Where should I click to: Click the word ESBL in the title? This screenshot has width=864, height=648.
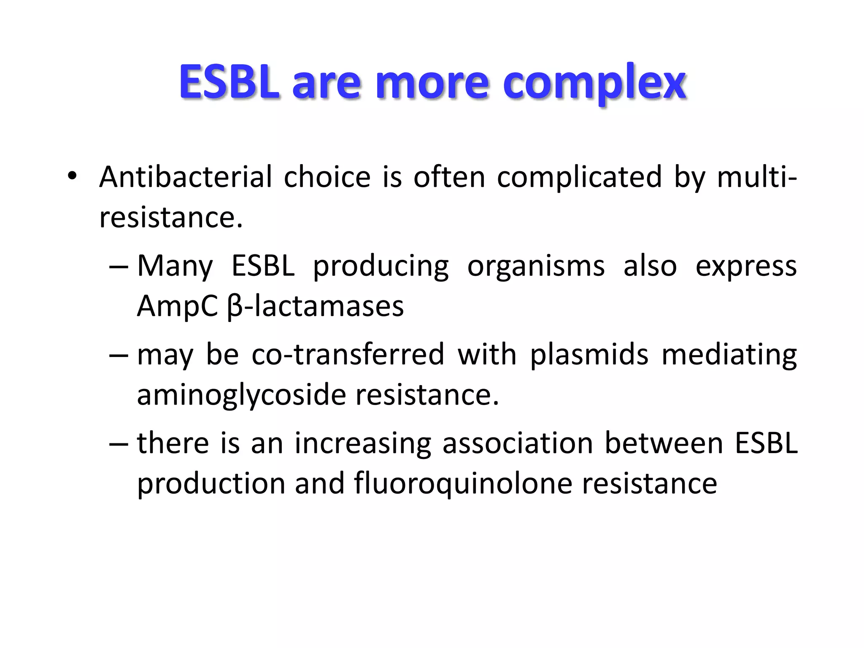pos(229,82)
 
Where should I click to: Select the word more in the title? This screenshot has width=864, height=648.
pos(432,83)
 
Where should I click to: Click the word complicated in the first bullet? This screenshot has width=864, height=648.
pos(579,177)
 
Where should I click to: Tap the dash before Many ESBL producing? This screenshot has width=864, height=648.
pos(119,267)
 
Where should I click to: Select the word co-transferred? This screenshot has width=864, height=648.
pos(348,354)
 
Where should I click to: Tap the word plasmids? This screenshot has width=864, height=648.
pos(589,354)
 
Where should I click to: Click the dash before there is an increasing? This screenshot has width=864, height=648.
pos(119,444)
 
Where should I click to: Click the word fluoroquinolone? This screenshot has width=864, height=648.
pos(463,483)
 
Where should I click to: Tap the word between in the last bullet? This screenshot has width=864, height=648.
pos(664,444)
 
